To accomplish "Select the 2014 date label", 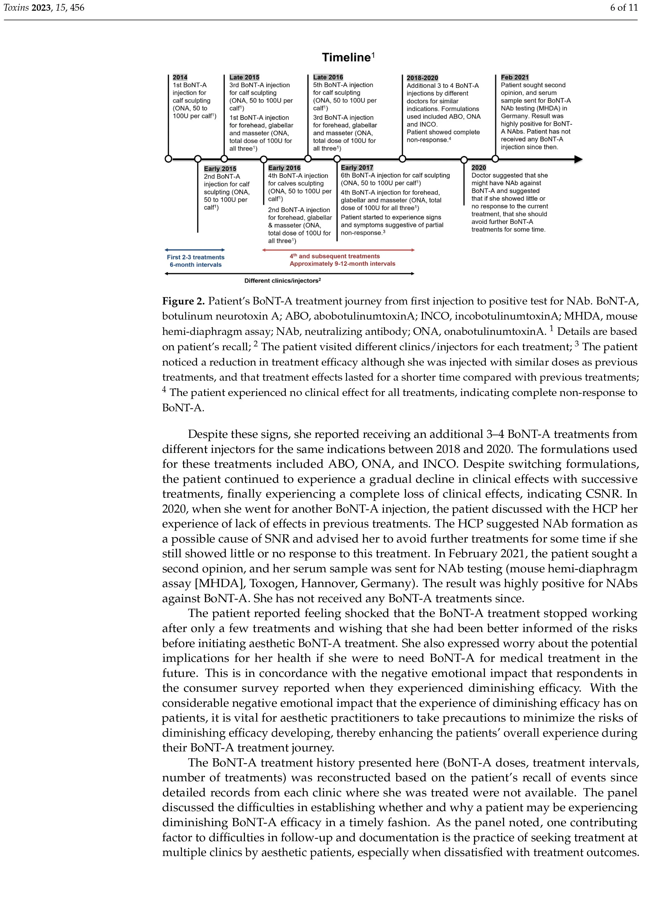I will [180, 77].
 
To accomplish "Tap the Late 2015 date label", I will [244, 77].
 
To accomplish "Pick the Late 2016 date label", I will [328, 77].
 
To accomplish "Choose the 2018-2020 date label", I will [422, 78].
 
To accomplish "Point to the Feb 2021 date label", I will [515, 77].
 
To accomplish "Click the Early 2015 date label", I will [220, 168].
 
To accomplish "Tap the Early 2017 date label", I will [357, 168].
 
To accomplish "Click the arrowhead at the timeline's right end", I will [578, 159].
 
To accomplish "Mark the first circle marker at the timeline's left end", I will [168, 159].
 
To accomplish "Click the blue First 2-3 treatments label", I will [196, 257].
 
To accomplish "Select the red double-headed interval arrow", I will [338, 250].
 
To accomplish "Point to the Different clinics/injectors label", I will [282, 281].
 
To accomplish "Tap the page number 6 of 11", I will [624, 8].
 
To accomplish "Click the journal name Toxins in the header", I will [16, 8].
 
